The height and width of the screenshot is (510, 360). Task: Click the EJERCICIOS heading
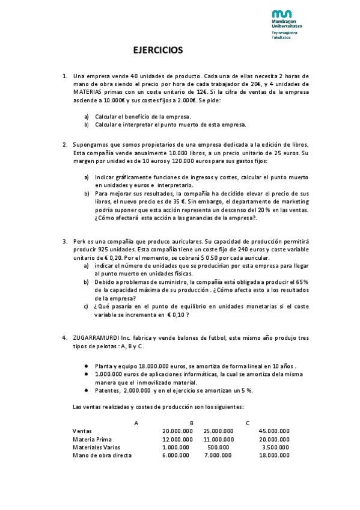click(157, 51)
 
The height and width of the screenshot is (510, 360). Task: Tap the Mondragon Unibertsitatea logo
click(282, 23)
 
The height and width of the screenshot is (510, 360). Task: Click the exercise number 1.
click(65, 76)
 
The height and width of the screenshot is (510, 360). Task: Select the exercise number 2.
click(65, 145)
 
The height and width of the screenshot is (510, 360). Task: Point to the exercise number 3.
click(65, 241)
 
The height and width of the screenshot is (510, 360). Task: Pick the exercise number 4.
click(65, 337)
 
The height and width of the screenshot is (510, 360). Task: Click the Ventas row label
click(83, 431)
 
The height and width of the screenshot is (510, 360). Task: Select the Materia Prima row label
click(92, 439)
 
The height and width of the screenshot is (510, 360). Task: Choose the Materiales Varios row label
click(96, 447)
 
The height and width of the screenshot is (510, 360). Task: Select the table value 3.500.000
click(276, 447)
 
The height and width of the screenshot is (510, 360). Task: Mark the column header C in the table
click(247, 423)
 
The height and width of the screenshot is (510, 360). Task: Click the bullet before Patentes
click(88, 390)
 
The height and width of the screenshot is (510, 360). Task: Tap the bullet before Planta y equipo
click(88, 366)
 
